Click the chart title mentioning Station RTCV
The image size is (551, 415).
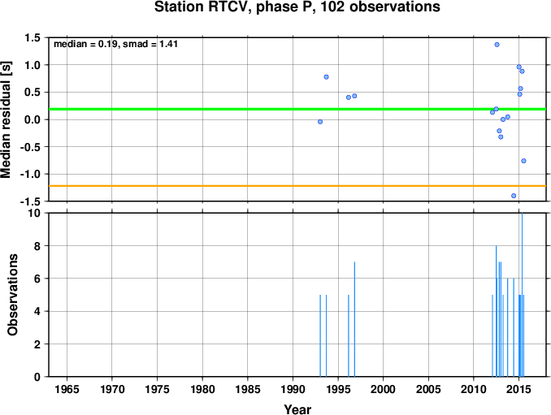click(x=297, y=6)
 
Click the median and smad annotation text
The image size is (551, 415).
click(x=115, y=44)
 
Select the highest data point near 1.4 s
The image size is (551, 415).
click(x=497, y=45)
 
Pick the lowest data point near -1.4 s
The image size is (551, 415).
click(x=514, y=196)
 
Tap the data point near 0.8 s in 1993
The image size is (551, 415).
click(x=326, y=77)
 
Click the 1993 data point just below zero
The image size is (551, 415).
click(x=320, y=122)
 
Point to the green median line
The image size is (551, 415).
click(x=297, y=109)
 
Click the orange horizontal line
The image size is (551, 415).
click(x=297, y=186)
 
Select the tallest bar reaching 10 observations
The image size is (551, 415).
click(x=522, y=295)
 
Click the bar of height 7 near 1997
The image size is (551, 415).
click(x=354, y=319)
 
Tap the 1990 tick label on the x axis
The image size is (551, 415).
click(x=293, y=389)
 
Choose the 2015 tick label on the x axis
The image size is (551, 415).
click(x=519, y=389)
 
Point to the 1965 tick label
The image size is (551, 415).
click(x=67, y=389)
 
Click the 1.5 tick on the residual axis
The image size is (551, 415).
click(x=33, y=37)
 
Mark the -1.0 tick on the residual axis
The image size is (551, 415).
click(x=30, y=174)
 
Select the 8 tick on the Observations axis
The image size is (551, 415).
click(x=37, y=246)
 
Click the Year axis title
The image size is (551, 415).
click(x=297, y=409)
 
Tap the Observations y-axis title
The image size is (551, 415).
click(x=12, y=295)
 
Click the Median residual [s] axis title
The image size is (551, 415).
click(x=6, y=119)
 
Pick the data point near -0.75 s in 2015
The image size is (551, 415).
click(x=523, y=161)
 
